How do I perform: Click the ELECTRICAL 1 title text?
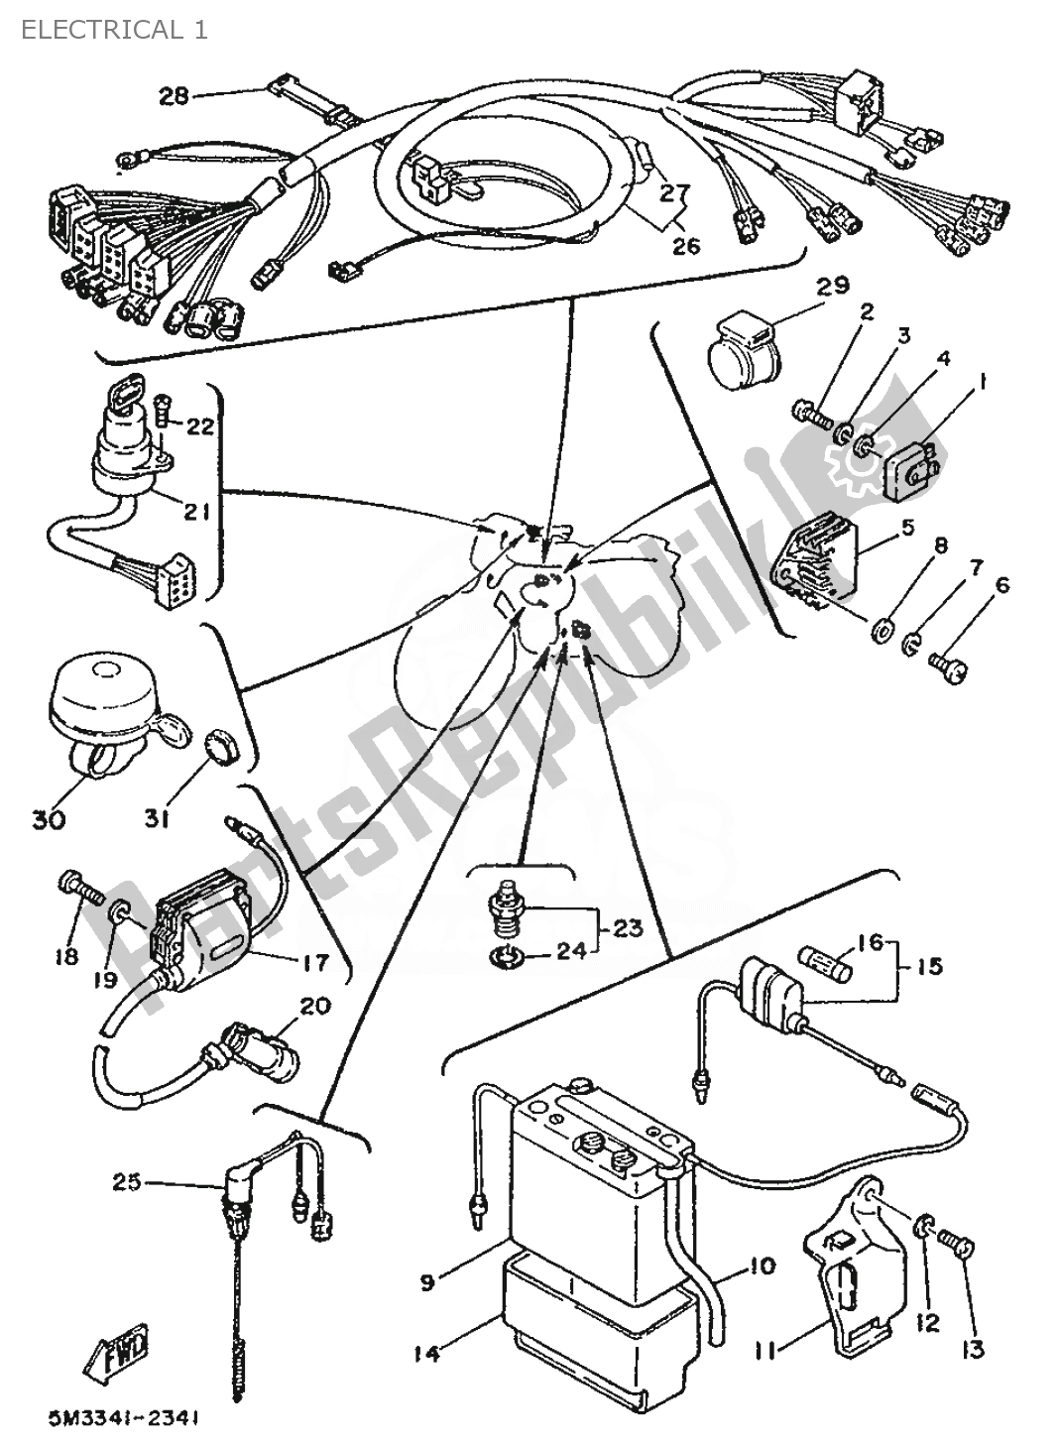109,29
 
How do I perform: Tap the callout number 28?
174,96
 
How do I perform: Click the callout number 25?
126,1182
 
